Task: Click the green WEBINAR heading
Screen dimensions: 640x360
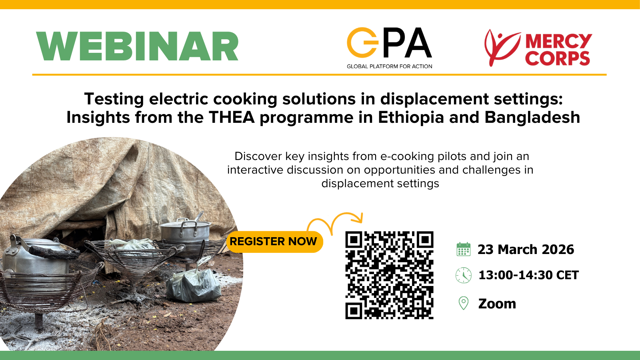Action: pos(137,46)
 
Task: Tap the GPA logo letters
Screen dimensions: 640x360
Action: pos(389,42)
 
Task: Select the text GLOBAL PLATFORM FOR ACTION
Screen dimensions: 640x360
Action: pos(390,66)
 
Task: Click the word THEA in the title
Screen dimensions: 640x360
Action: pos(232,117)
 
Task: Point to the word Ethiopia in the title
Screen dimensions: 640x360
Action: pos(411,118)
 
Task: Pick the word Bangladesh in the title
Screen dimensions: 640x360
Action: pos(532,117)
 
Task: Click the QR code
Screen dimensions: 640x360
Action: pos(390,275)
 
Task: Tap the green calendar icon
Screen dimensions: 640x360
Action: pos(464,249)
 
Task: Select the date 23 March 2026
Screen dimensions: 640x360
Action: pos(526,250)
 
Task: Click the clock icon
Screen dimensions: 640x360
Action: pos(464,275)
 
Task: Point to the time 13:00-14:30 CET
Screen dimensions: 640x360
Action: pos(528,275)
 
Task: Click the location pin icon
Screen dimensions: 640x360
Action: pos(464,303)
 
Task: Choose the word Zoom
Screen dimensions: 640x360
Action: pos(497,304)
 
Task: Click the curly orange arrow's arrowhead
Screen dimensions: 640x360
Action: pos(357,218)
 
